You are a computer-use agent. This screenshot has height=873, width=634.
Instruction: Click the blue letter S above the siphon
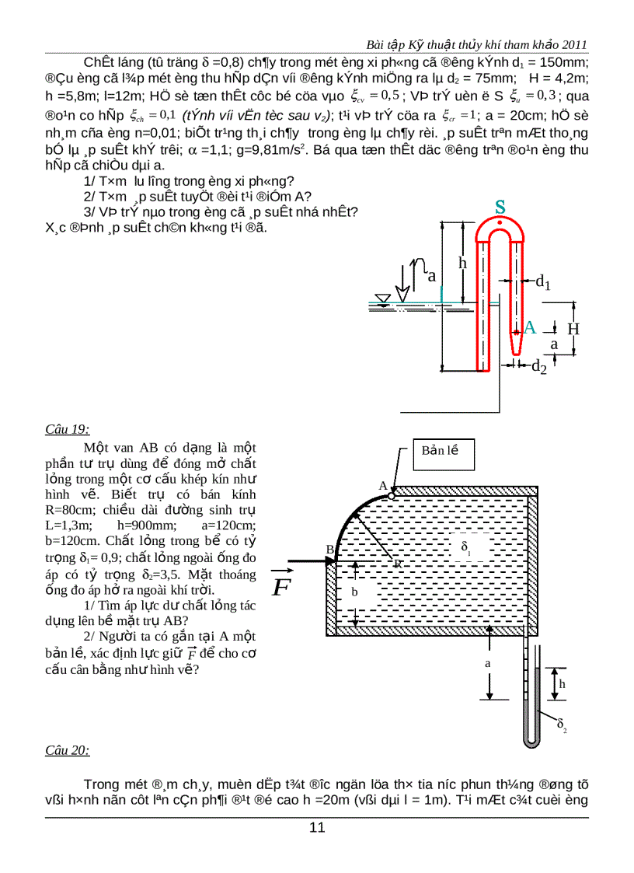pyautogui.click(x=501, y=207)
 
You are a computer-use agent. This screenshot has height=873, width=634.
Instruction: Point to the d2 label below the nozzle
pyautogui.click(x=538, y=367)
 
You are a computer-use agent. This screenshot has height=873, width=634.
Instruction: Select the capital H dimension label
pyautogui.click(x=573, y=329)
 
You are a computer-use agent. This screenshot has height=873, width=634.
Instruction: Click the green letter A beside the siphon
pyautogui.click(x=530, y=327)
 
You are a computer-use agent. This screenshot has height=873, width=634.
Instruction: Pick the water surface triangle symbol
pyautogui.click(x=381, y=300)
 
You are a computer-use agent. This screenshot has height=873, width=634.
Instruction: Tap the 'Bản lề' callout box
pyautogui.click(x=442, y=451)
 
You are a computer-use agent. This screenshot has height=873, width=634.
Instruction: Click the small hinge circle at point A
pyautogui.click(x=392, y=494)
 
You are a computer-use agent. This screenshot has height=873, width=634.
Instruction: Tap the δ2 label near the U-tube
pyautogui.click(x=562, y=725)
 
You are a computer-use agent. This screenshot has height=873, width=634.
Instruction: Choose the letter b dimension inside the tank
pyautogui.click(x=355, y=592)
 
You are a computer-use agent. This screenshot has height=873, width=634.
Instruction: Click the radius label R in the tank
pyautogui.click(x=397, y=564)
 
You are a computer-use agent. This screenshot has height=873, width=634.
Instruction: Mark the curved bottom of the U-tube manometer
pyautogui.click(x=531, y=744)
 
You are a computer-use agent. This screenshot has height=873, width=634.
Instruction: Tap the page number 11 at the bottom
pyautogui.click(x=317, y=826)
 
